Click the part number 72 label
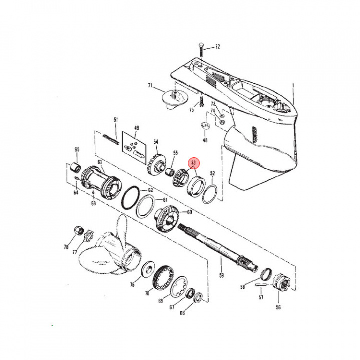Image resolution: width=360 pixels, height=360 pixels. pyautogui.click(x=217, y=47)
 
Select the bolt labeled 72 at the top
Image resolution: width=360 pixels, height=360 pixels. pyautogui.click(x=200, y=51)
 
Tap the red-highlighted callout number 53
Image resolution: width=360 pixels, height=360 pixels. pyautogui.click(x=193, y=163)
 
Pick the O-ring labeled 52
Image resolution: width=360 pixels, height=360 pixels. pyautogui.click(x=210, y=194)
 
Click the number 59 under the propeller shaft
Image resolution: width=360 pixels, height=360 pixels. pyautogui.click(x=221, y=274)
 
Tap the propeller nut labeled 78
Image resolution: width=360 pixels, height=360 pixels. pyautogui.click(x=78, y=230)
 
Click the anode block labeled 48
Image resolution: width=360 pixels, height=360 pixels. pyautogui.click(x=204, y=126)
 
